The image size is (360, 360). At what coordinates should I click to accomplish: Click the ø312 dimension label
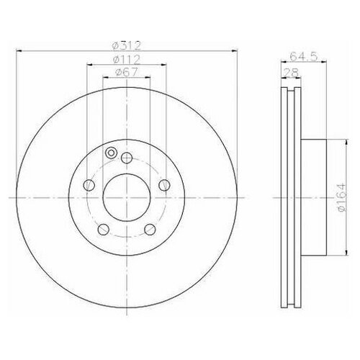click(126, 45)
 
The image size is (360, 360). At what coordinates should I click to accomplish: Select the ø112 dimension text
click(126, 60)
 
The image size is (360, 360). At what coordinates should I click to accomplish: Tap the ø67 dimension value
click(127, 73)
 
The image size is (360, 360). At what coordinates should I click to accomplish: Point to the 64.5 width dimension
click(304, 57)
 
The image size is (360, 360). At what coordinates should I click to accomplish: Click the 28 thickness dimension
click(291, 73)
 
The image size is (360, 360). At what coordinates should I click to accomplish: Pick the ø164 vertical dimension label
click(341, 197)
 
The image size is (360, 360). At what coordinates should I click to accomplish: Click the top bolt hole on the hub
click(127, 158)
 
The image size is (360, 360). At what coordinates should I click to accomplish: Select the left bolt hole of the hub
click(89, 185)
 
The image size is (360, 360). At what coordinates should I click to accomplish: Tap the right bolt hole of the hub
click(164, 185)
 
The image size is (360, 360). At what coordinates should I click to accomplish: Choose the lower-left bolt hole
click(104, 229)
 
